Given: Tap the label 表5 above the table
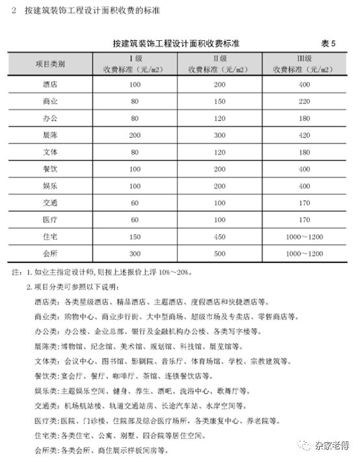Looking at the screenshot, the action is click(328, 44).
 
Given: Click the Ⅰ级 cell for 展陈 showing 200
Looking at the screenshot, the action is click(135, 135).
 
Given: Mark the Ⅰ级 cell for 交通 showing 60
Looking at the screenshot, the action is click(135, 203).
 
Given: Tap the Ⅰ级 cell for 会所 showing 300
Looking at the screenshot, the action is click(135, 253).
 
